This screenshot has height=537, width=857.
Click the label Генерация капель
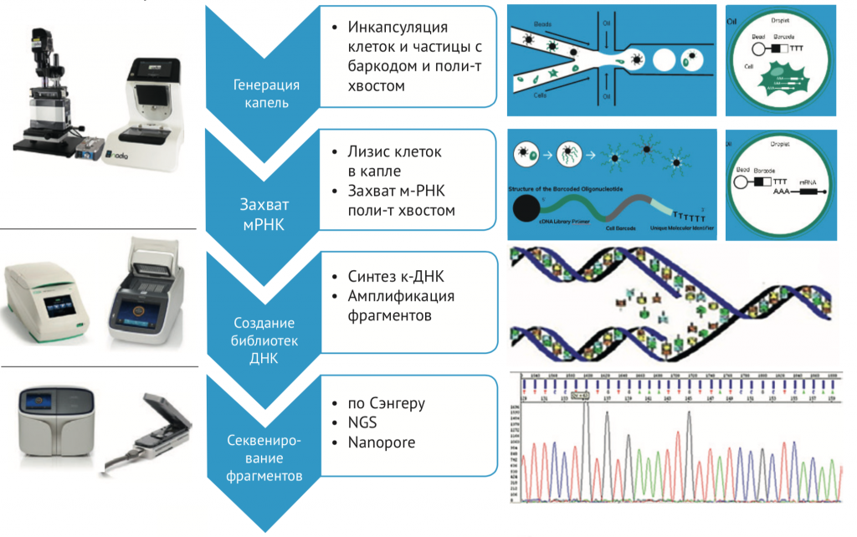[x=265, y=95]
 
